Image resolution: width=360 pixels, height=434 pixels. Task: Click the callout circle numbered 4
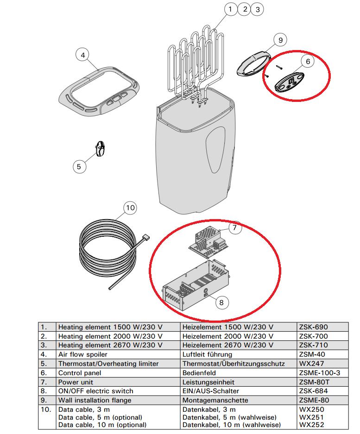tap(82, 56)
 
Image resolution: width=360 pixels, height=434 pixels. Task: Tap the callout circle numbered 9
tap(280, 40)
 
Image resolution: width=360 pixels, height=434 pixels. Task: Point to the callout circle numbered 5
tap(79, 166)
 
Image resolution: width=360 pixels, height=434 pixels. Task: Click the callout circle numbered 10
tap(130, 208)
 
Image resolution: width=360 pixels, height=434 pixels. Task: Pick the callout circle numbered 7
tap(234, 227)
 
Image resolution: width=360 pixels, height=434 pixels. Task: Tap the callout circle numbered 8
tap(221, 302)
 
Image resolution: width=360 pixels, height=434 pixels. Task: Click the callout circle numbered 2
tap(244, 9)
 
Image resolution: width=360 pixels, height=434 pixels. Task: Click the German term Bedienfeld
tap(201, 373)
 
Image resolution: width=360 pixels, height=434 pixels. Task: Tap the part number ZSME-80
tap(315, 400)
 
